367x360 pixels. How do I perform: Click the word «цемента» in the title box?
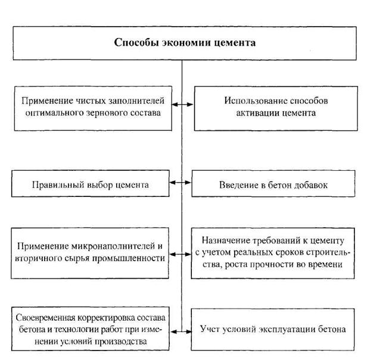click(234, 43)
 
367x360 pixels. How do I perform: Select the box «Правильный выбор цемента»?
click(91, 184)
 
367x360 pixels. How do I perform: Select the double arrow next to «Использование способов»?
click(181, 106)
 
